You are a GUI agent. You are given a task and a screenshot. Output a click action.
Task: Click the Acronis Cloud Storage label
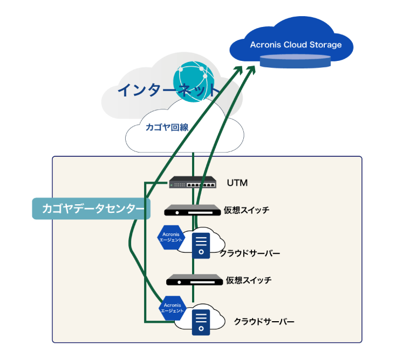pos(296,45)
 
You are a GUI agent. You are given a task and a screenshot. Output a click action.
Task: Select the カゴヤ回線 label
pos(166,128)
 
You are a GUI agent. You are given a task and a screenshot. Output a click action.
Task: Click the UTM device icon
pos(192,183)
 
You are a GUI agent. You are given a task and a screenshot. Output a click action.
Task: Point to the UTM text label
pos(237,183)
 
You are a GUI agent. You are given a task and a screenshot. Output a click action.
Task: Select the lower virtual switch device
pos(194,280)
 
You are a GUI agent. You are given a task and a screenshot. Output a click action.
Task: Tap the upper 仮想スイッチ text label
pos(247,210)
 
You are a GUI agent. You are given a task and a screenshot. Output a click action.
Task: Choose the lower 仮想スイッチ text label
pos(249,280)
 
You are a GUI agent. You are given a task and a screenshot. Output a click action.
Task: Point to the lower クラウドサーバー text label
pos(264,321)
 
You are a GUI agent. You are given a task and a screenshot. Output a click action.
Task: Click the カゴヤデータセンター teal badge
pos(89,208)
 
